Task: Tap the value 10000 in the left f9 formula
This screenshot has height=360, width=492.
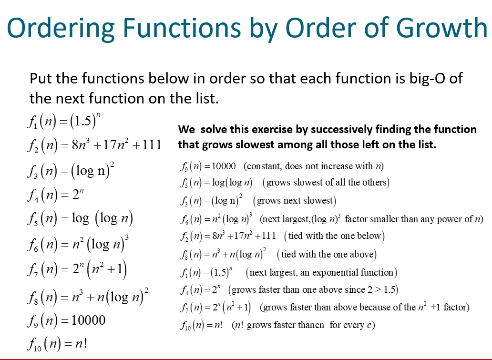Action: [x=89, y=319]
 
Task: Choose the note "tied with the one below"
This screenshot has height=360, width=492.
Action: [x=334, y=236]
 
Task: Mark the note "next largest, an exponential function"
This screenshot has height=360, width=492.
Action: [x=321, y=273]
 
